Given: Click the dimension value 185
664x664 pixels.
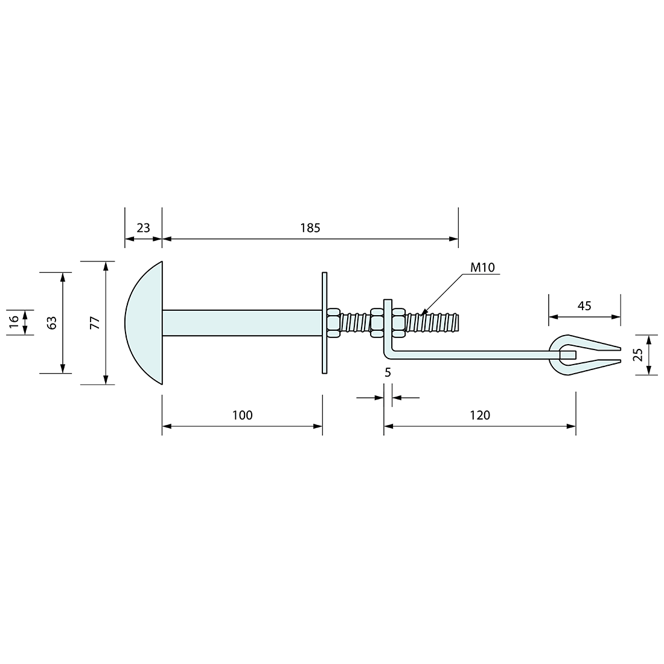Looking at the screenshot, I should pos(310,228).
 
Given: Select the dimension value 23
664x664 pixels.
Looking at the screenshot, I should pos(143,228).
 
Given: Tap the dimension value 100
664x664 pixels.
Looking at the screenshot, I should pos(242,415).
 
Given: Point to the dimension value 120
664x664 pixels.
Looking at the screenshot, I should pos(480,415).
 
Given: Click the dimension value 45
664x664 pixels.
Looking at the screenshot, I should pos(584,305).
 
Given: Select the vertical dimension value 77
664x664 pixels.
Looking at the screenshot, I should pos(94,323).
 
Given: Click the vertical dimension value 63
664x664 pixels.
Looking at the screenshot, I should pos(52,323).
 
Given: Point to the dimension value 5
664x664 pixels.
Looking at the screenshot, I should pos(388,372).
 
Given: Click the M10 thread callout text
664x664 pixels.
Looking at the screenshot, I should pos(483,267).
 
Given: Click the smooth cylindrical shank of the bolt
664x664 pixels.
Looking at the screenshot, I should pos(241,323).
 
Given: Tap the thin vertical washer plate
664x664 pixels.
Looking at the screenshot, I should pos(325,323).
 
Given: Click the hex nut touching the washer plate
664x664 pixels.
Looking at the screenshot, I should pos(333,323).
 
